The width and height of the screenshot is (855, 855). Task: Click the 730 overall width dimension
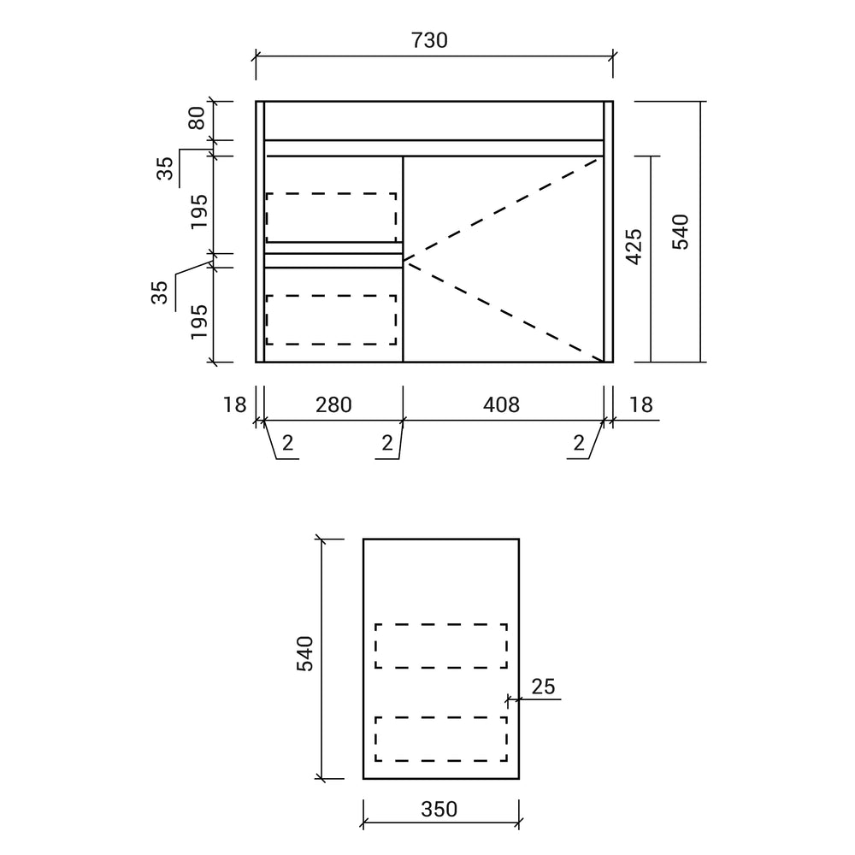(430, 40)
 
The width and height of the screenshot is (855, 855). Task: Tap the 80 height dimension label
(197, 118)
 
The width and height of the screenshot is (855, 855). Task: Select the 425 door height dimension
(634, 247)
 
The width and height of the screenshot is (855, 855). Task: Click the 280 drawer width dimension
(333, 405)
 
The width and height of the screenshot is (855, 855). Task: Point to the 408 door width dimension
(501, 405)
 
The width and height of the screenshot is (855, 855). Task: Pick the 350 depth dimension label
(439, 809)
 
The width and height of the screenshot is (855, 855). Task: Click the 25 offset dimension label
(543, 687)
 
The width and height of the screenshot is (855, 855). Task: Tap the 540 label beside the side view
(305, 653)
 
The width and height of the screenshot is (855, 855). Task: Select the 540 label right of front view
(680, 232)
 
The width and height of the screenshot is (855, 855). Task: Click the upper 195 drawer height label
(199, 211)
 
